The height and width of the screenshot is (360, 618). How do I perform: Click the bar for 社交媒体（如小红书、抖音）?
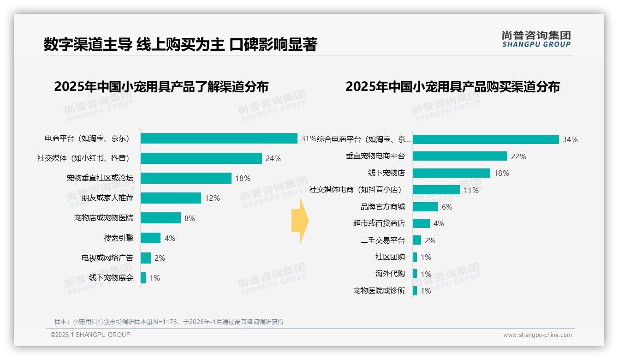point(201,158)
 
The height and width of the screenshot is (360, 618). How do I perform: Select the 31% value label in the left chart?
point(309,138)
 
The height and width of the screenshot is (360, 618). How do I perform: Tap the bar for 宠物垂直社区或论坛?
point(186,178)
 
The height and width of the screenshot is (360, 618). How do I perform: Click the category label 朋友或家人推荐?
point(107,198)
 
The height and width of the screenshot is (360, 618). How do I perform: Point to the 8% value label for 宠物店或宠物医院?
point(190,218)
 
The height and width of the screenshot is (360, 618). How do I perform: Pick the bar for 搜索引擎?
point(150,238)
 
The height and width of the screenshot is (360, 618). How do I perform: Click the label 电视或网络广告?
point(107,258)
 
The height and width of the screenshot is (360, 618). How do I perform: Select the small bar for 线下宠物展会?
point(143,278)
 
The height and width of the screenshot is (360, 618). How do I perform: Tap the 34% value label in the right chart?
point(570,139)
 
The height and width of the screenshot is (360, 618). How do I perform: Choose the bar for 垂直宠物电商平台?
point(460,156)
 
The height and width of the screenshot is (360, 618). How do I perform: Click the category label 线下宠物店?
point(386,173)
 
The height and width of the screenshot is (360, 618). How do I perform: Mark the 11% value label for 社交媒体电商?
point(471,190)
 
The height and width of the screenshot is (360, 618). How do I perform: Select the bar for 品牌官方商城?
point(425,207)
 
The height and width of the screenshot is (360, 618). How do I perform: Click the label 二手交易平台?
point(382,240)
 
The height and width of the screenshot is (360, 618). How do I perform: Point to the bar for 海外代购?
point(415,274)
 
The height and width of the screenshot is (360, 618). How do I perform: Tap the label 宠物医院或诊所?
point(379,291)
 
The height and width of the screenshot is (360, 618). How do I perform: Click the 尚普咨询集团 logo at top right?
point(536,39)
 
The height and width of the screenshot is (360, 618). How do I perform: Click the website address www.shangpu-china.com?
point(537,335)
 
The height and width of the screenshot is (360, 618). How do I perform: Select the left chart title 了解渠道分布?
point(161,87)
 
